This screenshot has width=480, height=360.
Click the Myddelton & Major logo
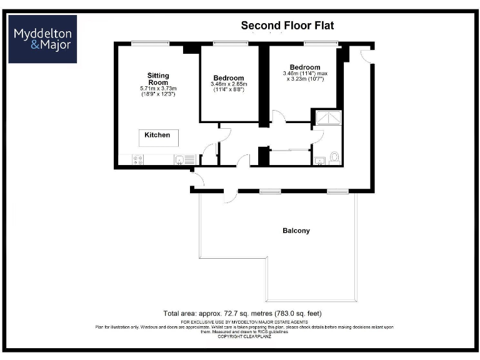42,39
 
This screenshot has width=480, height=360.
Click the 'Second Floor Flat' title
287,26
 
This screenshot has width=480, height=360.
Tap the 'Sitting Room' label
157,79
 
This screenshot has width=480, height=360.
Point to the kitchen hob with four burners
137,160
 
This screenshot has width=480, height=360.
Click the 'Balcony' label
296,231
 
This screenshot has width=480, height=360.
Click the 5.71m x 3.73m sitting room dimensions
157,91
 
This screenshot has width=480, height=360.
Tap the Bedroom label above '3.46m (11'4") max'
304,67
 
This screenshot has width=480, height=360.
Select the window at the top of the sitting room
150,43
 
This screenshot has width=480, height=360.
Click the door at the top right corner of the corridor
366,54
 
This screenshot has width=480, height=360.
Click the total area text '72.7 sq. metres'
242,312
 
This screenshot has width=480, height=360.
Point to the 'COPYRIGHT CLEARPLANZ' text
243,337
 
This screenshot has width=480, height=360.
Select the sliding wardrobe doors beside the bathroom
290,151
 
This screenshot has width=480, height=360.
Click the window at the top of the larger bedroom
321,43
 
